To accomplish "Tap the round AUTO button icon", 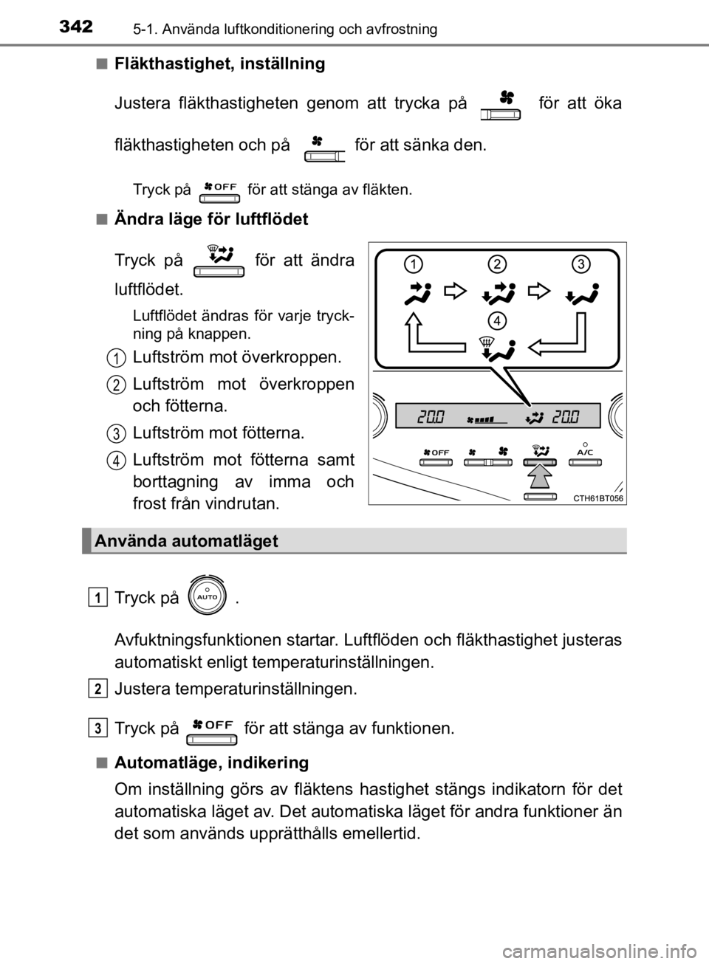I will point(208,594).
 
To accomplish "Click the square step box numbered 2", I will point(97,688).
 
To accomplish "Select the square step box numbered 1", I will point(97,596).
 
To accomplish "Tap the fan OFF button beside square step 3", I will point(212,729).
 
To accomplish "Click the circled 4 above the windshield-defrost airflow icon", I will point(497,320).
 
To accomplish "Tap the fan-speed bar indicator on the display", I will point(487,420).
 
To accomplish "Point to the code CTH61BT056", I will point(598,498).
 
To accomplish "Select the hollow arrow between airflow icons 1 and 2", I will point(455,292).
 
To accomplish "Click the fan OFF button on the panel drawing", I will point(436,457).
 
